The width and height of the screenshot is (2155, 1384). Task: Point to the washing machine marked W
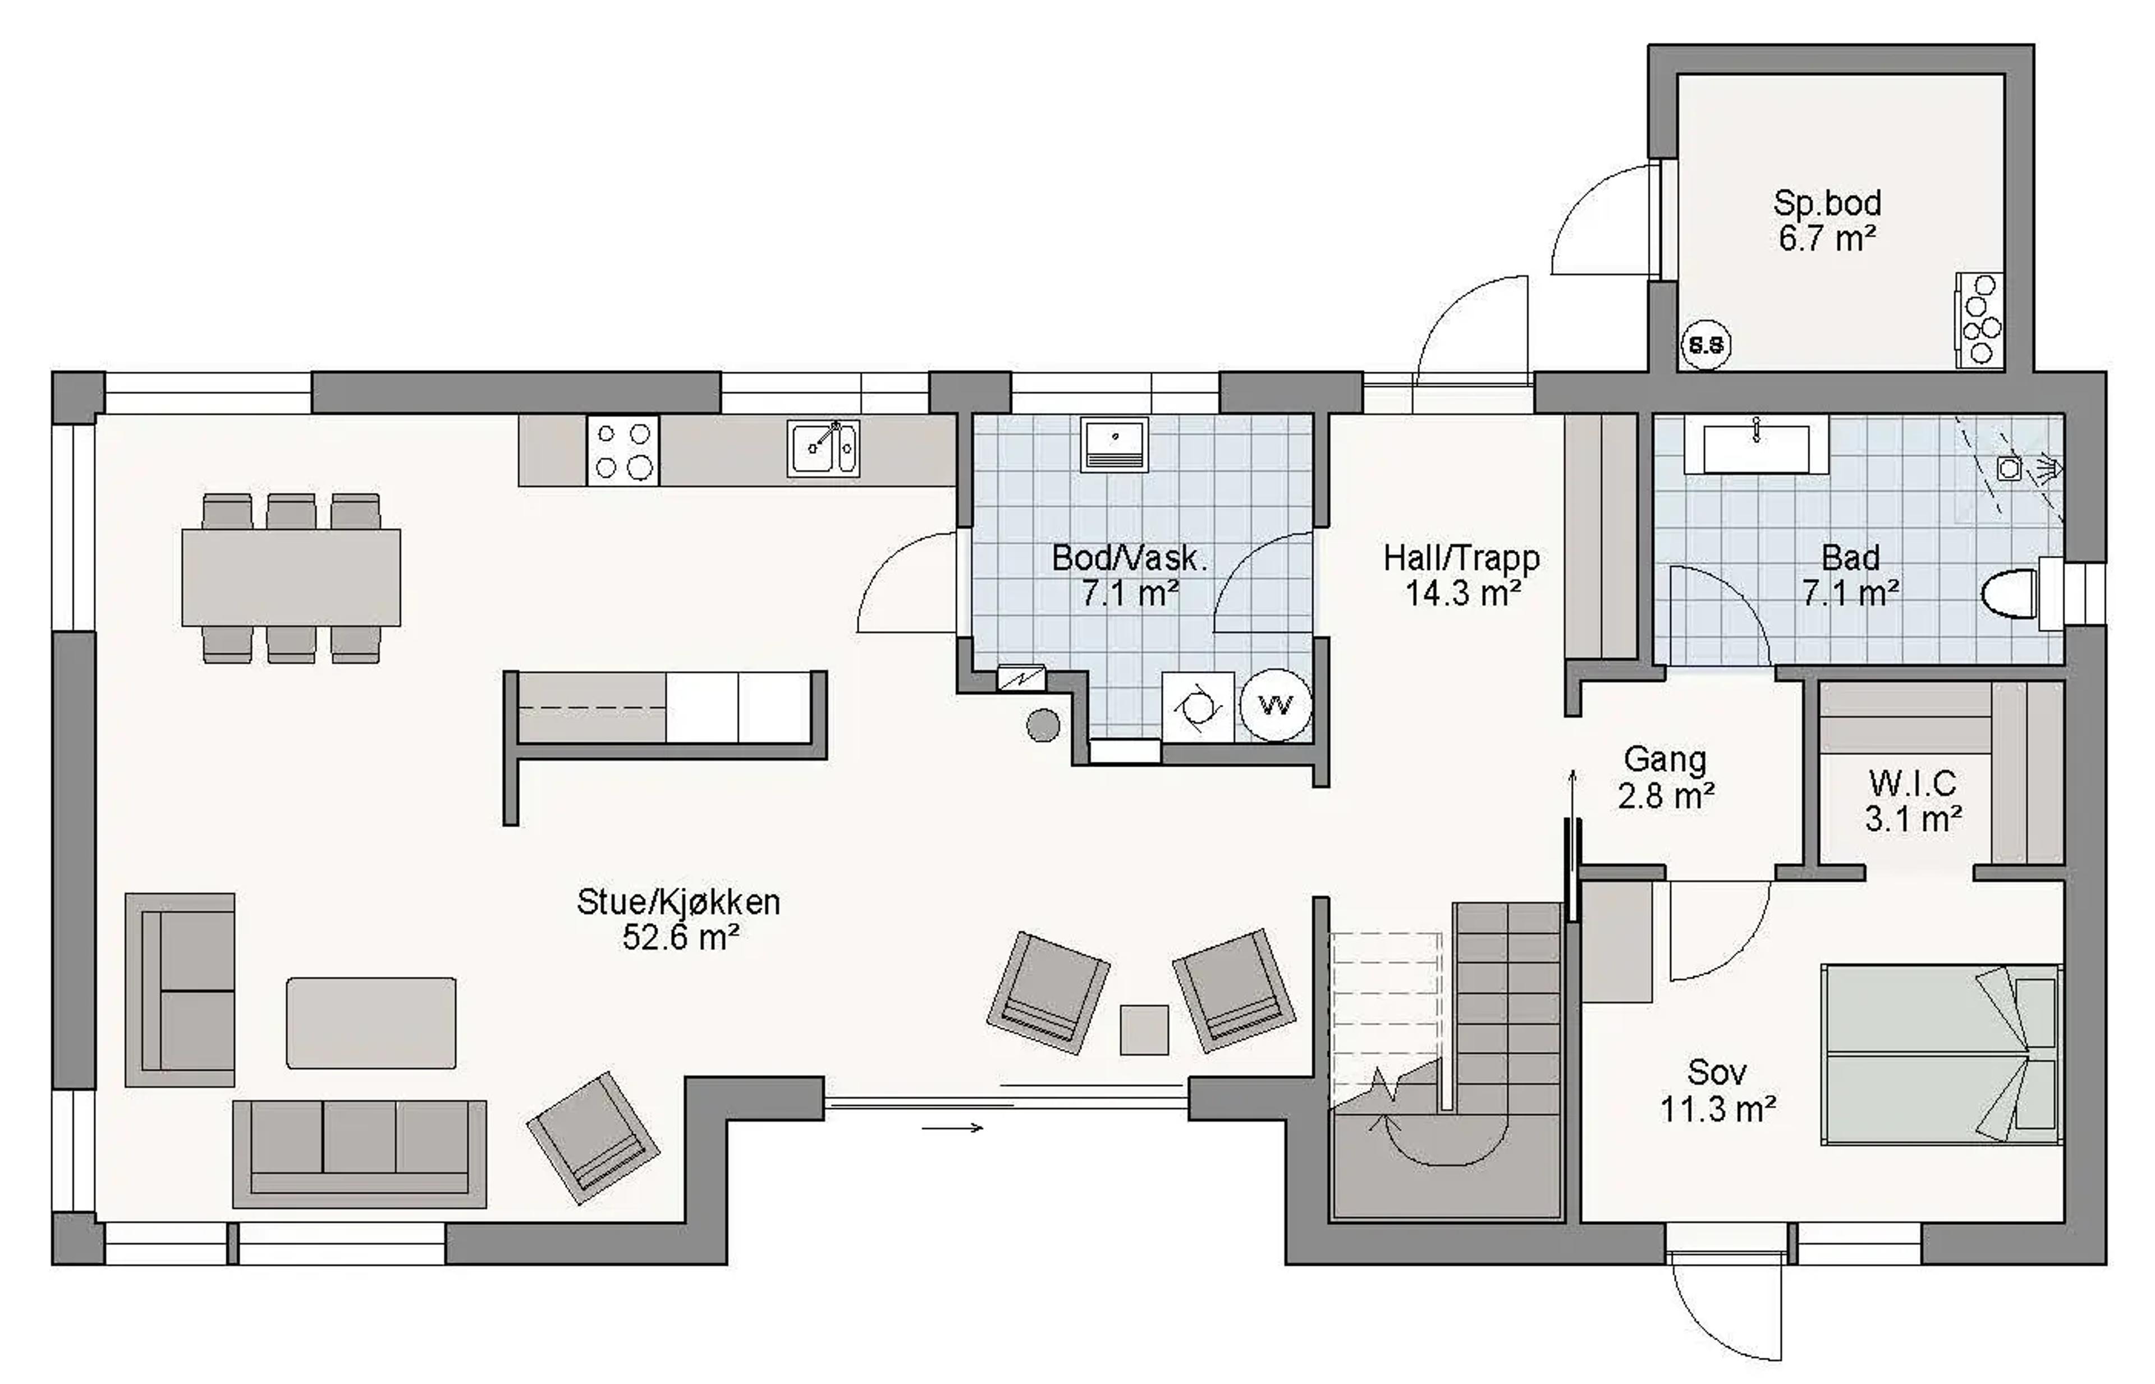click(x=1274, y=705)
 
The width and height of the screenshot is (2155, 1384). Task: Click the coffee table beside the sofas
click(x=371, y=1023)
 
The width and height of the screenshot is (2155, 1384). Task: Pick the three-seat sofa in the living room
click(x=360, y=1154)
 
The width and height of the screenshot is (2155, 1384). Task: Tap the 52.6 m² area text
click(x=680, y=937)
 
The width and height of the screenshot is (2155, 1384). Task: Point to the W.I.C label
click(x=1913, y=783)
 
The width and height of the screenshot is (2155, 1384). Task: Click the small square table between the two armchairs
click(x=1144, y=1030)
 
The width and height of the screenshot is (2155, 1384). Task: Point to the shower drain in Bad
click(x=2010, y=468)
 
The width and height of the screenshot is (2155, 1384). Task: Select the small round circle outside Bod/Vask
click(x=1043, y=725)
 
